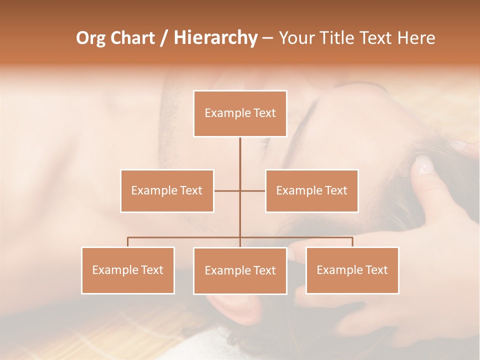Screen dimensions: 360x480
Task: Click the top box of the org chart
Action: click(240, 113)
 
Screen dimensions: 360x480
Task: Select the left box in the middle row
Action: click(167, 190)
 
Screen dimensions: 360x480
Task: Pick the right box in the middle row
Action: click(311, 190)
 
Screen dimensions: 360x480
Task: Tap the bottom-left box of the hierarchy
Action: click(128, 270)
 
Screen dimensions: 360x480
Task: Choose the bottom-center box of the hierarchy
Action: click(240, 270)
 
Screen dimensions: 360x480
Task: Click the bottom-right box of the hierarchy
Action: click(352, 270)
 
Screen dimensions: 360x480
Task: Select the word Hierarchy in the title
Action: click(215, 38)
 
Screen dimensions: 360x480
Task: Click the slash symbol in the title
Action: click(164, 38)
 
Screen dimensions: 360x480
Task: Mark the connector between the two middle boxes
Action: click(240, 190)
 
